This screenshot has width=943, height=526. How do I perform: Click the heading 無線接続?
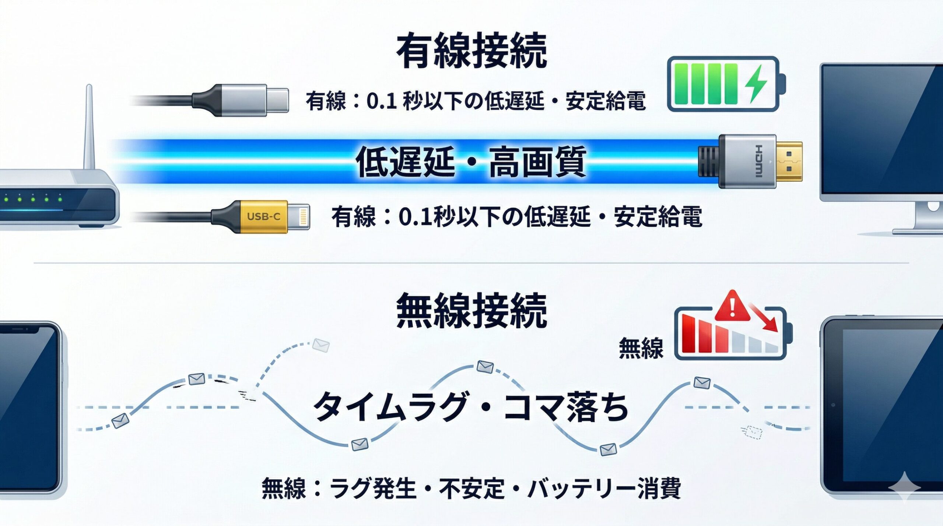pyautogui.click(x=471, y=311)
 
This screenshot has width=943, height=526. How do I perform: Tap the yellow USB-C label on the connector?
pyautogui.click(x=263, y=216)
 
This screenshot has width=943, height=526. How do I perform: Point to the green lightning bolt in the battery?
pyautogui.click(x=756, y=84)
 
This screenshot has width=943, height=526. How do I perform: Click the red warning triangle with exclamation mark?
pyautogui.click(x=732, y=307)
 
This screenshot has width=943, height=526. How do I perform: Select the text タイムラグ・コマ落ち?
pyautogui.click(x=470, y=407)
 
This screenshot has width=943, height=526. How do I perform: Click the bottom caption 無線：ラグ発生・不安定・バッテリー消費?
pyautogui.click(x=471, y=488)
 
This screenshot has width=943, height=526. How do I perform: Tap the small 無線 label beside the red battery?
pyautogui.click(x=641, y=348)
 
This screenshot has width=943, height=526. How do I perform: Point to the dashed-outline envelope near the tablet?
pyautogui.click(x=751, y=432)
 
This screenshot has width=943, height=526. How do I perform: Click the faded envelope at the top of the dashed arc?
pyautogui.click(x=320, y=345)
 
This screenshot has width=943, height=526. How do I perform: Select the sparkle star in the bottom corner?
pyautogui.click(x=904, y=487)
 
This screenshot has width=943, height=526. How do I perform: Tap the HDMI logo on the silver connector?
pyautogui.click(x=759, y=161)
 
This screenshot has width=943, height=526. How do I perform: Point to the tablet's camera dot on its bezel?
pyautogui.click(x=833, y=405)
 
